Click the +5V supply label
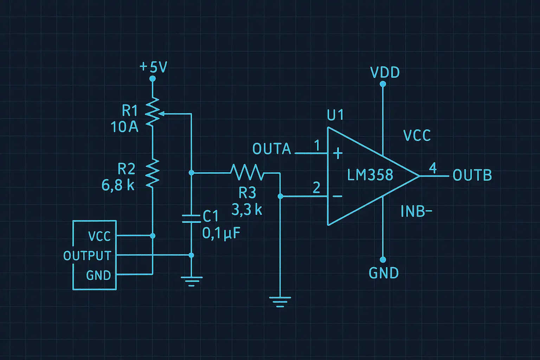pyautogui.click(x=153, y=67)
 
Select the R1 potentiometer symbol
pyautogui.click(x=153, y=112)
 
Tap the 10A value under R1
pyautogui.click(x=124, y=127)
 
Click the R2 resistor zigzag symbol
pyautogui.click(x=153, y=173)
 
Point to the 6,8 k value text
pyautogui.click(x=118, y=185)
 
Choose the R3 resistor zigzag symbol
pyautogui.click(x=247, y=173)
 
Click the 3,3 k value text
pyautogui.click(x=247, y=210)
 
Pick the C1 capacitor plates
pyautogui.click(x=191, y=218)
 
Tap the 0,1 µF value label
pyautogui.click(x=221, y=233)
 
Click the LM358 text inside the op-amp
pyautogui.click(x=370, y=175)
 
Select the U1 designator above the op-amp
pyautogui.click(x=335, y=115)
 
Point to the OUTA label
pyautogui.click(x=272, y=149)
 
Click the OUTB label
pyautogui.click(x=472, y=175)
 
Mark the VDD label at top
pyautogui.click(x=385, y=73)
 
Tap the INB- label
pyautogui.click(x=416, y=211)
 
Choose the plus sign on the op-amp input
pyautogui.click(x=337, y=153)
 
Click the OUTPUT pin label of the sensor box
pyautogui.click(x=87, y=256)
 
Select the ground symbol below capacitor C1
pyautogui.click(x=191, y=281)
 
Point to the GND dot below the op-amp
pyautogui.click(x=383, y=260)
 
